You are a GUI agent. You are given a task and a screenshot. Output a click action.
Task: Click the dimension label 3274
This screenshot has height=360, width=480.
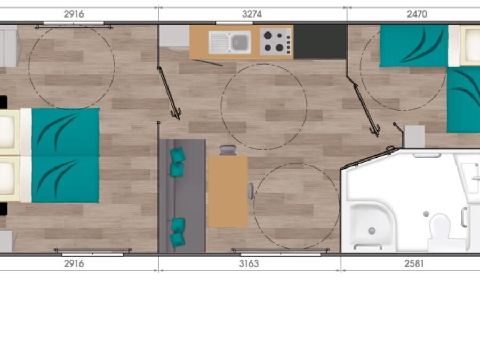point(252,14)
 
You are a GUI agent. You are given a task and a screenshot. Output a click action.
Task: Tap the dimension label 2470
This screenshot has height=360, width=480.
point(417,14)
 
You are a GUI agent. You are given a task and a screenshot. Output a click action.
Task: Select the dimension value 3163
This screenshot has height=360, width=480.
point(249,263)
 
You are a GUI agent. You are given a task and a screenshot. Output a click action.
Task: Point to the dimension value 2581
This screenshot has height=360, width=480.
point(414,263)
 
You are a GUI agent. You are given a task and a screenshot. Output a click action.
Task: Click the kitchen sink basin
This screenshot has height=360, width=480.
point(241,42)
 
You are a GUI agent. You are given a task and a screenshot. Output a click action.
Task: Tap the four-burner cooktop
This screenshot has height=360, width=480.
point(276,42)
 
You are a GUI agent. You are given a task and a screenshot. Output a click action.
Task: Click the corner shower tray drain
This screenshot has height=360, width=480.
point(372,230)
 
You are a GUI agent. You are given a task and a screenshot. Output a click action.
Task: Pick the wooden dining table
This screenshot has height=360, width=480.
point(228,191)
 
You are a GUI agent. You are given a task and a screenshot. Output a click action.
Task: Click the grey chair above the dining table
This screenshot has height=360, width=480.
point(228,150)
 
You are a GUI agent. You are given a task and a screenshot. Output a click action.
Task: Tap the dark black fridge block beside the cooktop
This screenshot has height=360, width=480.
point(320,42)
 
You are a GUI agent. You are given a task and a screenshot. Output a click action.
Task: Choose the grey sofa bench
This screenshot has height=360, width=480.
point(182,196)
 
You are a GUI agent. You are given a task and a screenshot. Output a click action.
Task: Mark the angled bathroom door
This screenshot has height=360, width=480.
point(371,158)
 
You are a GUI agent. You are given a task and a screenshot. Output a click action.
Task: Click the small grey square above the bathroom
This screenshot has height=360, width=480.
point(414,137)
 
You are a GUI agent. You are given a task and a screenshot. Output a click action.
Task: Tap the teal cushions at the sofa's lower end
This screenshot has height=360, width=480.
point(178,233)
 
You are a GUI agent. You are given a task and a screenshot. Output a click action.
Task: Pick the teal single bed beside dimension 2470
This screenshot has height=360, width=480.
point(413,46)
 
